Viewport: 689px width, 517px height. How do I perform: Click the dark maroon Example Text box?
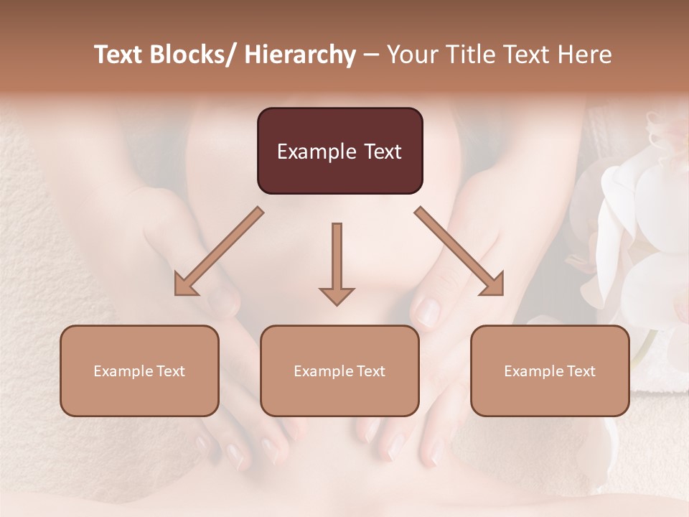[x=339, y=151]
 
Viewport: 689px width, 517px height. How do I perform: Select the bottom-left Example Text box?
[x=139, y=371]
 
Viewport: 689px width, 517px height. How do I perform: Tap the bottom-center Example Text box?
[x=339, y=371]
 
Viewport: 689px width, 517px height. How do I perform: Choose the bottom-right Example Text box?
[x=550, y=371]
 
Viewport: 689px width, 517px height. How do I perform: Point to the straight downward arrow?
[x=337, y=262]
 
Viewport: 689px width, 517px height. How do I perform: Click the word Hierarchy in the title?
[x=300, y=55]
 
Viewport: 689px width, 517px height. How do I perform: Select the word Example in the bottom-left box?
[x=123, y=371]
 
